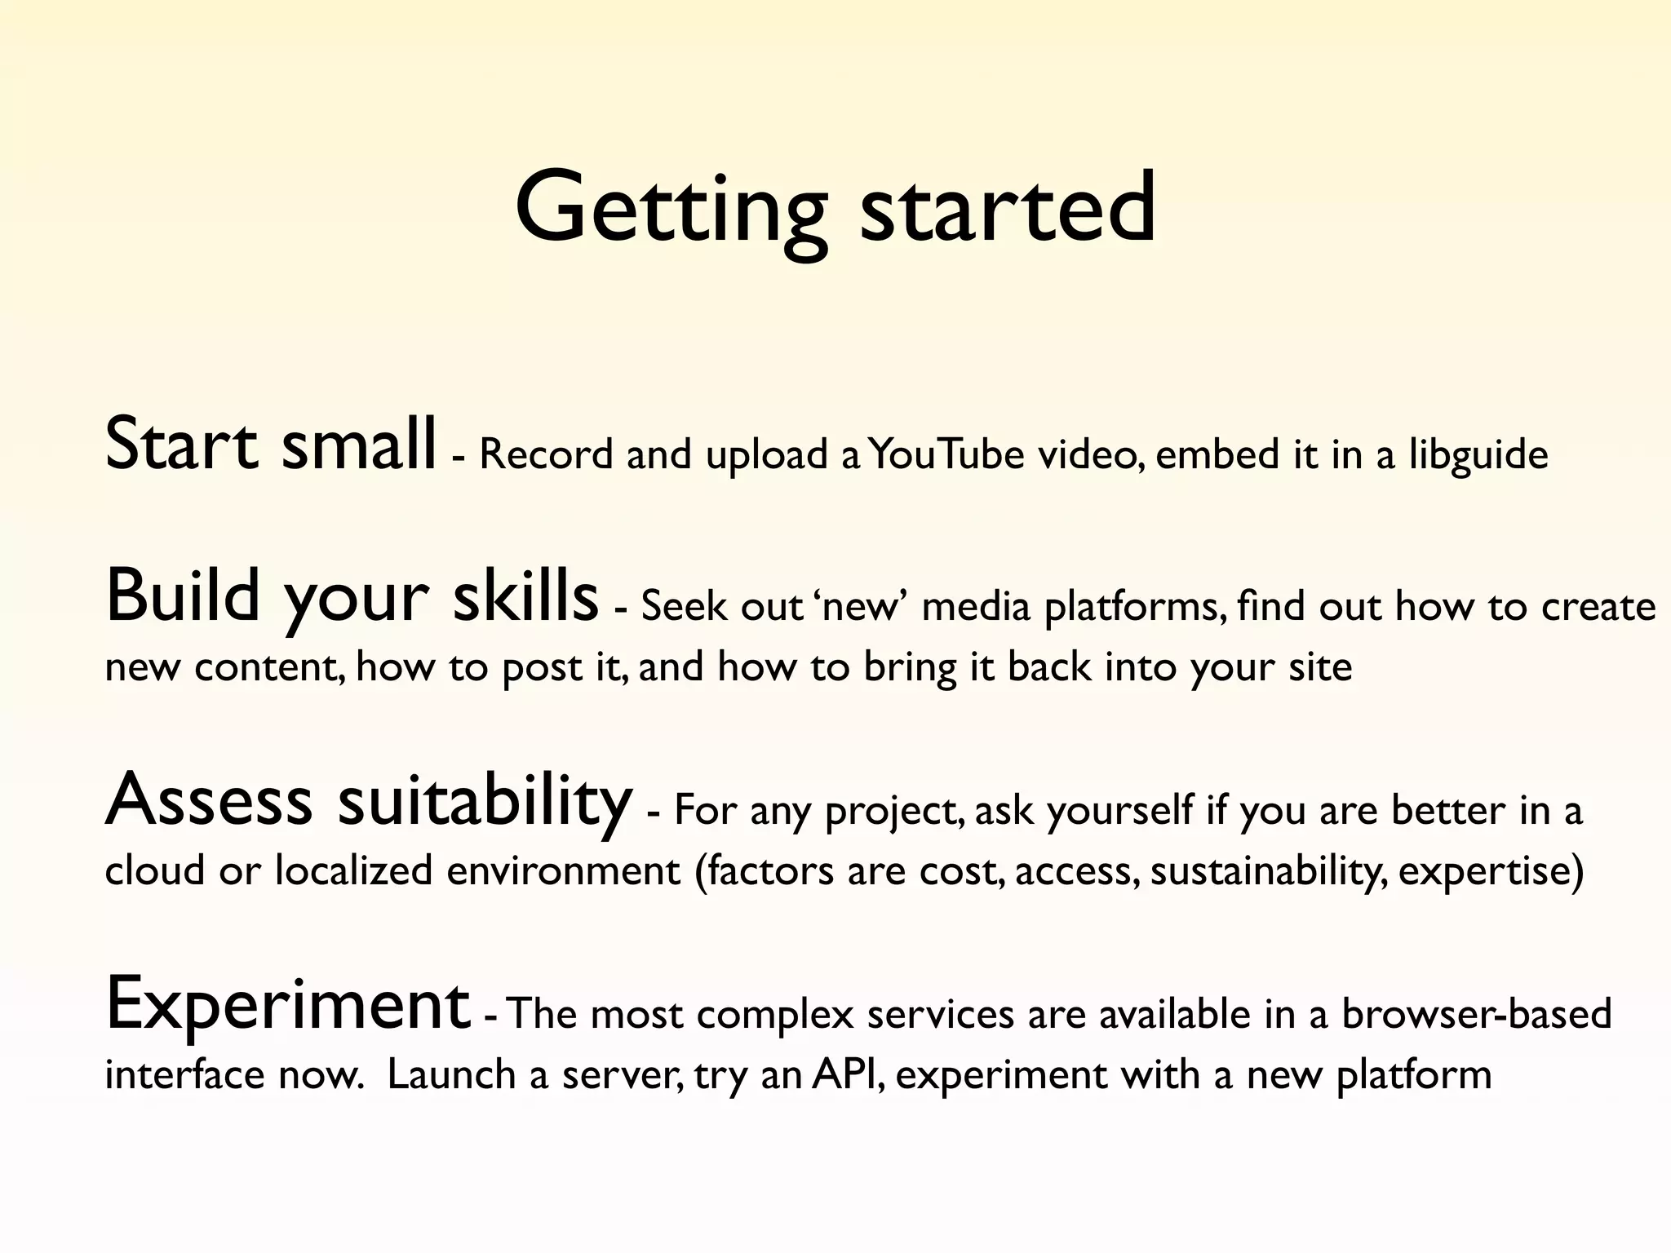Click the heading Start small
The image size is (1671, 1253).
coord(270,445)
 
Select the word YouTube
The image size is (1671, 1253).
coord(946,454)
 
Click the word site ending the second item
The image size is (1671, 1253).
coord(1320,667)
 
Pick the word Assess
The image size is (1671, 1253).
coord(209,799)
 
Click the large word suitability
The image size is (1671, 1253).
coord(485,801)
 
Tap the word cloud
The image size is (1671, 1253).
coord(154,870)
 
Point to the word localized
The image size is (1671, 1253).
coord(353,870)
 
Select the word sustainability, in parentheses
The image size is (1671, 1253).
coord(1267,871)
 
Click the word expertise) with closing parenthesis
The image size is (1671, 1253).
coord(1491,871)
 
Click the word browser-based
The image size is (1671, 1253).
coord(1476,1014)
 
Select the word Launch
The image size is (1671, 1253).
coord(451,1074)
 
